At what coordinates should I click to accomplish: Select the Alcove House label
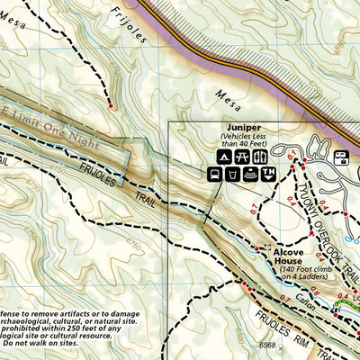(x=294, y=254)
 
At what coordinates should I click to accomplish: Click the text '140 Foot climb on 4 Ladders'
(x=294, y=274)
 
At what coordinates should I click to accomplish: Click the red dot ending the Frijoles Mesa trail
(x=110, y=106)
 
